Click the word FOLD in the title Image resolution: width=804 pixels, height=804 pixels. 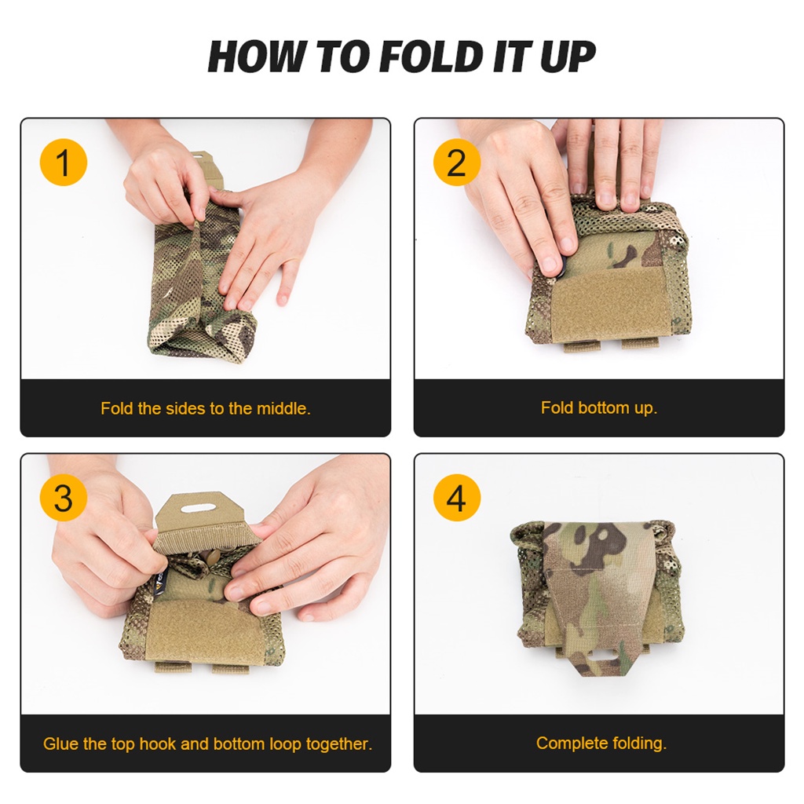tap(432, 57)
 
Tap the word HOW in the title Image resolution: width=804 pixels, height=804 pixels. tap(257, 57)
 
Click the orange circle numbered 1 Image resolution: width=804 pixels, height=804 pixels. tap(63, 162)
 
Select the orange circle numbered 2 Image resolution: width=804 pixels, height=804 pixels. tap(457, 162)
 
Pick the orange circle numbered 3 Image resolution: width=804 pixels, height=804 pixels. tap(63, 497)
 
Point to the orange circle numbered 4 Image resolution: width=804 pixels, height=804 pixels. tap(457, 497)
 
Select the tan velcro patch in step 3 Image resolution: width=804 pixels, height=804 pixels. tap(204, 630)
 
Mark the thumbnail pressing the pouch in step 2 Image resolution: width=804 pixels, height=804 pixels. tap(550, 264)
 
